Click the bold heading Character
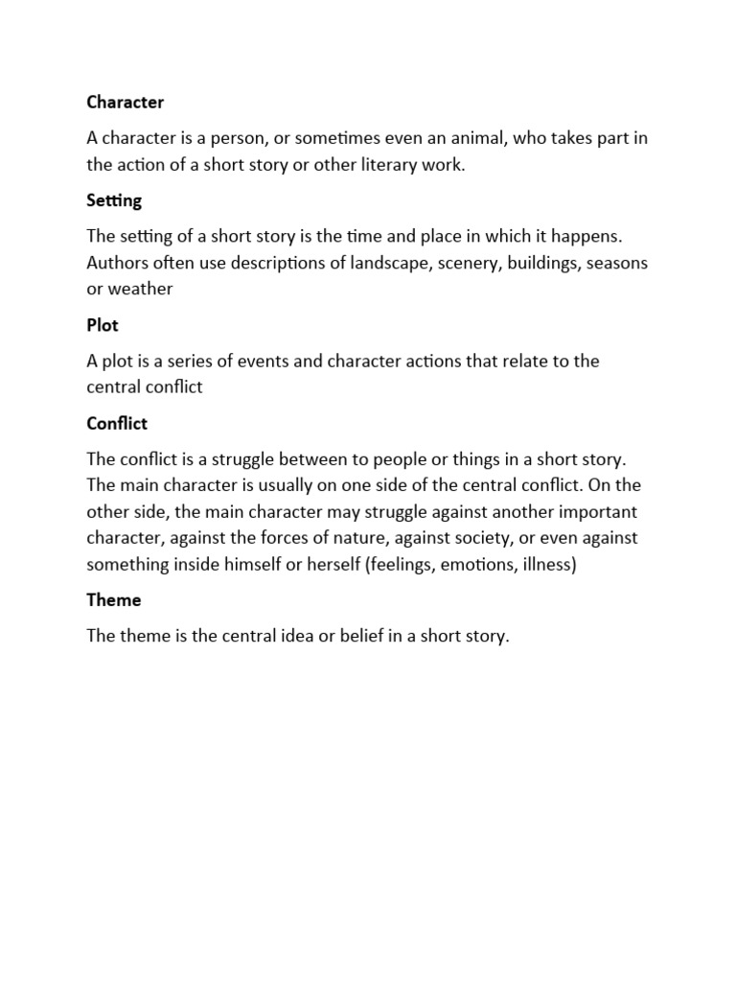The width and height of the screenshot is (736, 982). click(126, 103)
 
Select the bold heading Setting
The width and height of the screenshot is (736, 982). click(114, 201)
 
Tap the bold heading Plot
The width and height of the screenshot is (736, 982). click(103, 325)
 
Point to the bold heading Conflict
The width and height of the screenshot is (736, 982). click(117, 424)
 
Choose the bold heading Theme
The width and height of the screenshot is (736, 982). click(114, 600)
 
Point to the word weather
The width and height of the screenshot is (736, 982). click(140, 289)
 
